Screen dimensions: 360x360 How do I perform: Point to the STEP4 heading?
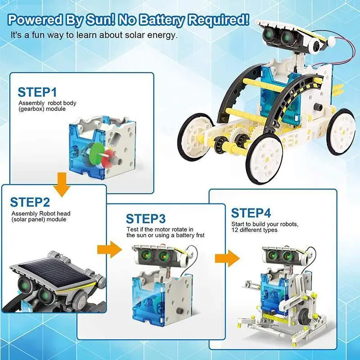click(252, 212)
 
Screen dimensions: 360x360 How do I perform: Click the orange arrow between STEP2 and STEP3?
click(110, 249)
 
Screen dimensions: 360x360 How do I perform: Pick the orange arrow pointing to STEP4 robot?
click(227, 258)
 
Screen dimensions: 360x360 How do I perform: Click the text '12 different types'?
click(254, 230)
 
